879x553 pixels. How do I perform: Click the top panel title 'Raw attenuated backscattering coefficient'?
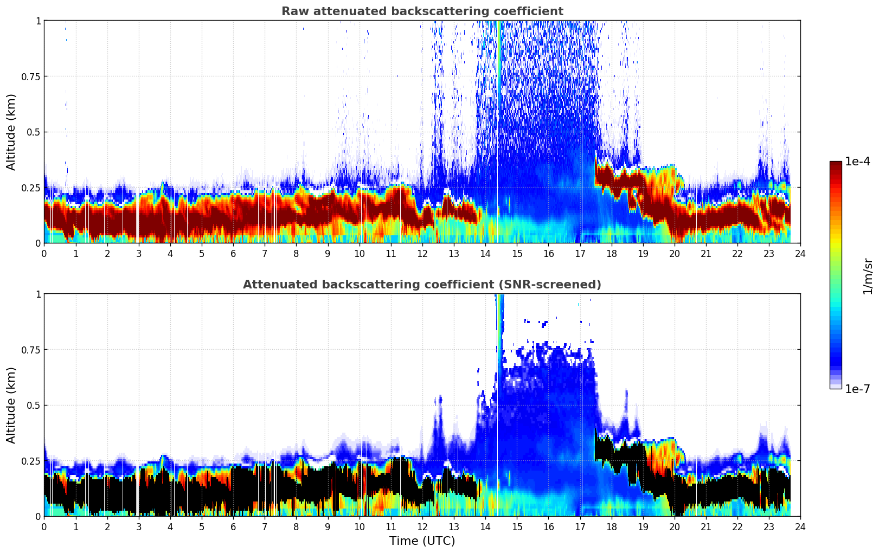point(422,11)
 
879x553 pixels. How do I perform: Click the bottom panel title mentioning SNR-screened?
point(422,285)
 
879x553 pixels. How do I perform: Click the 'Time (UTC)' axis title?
point(422,541)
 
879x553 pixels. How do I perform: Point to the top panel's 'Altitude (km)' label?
point(11,132)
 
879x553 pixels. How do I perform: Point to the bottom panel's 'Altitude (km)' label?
point(11,405)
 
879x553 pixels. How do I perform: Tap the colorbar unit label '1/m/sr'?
point(868,276)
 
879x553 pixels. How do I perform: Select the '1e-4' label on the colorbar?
point(857,162)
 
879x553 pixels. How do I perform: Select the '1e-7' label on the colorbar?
point(857,389)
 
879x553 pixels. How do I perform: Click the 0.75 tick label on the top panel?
point(30,76)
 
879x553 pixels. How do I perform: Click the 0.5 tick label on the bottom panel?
point(33,406)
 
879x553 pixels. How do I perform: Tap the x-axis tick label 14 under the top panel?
point(485,253)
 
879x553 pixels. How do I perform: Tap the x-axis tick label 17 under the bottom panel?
point(580,526)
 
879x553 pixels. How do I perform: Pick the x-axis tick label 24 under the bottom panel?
point(800,526)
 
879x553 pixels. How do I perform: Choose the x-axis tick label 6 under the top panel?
point(233,253)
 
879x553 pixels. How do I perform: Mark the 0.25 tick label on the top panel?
point(30,188)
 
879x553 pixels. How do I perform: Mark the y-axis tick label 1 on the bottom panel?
point(38,294)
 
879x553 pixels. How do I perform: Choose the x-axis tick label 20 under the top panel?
point(675,253)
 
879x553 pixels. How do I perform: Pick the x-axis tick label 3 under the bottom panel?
point(139,526)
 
